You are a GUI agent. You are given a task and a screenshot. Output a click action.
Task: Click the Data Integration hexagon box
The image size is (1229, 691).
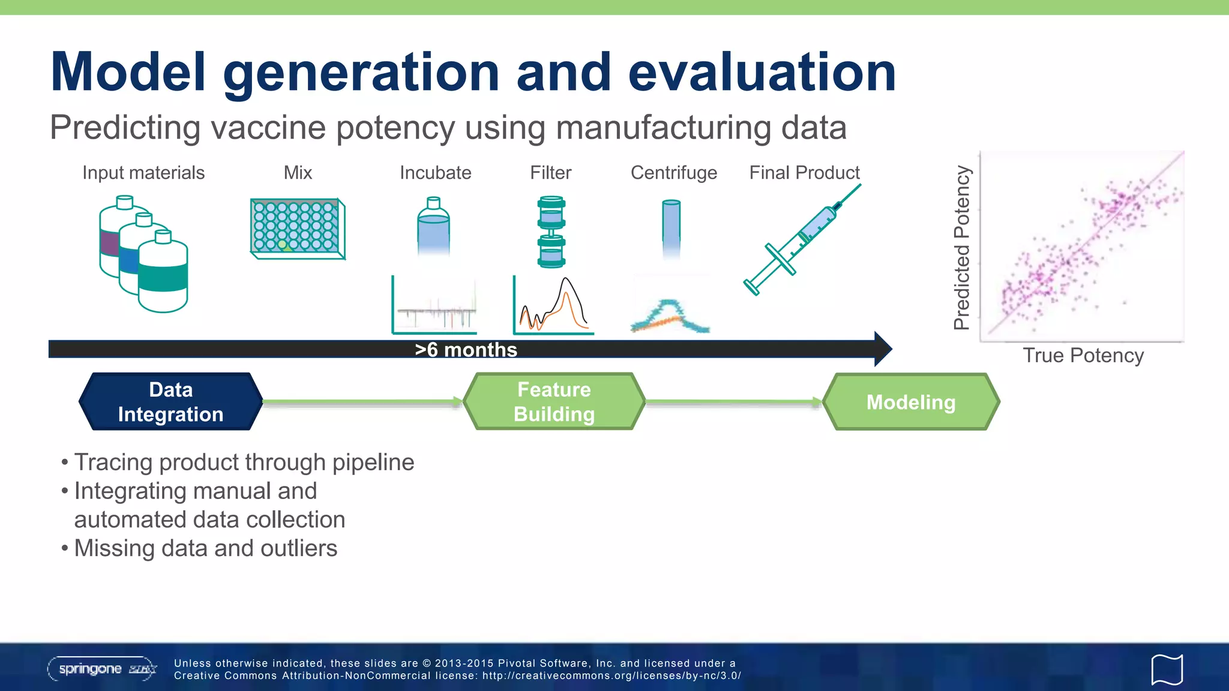(x=170, y=401)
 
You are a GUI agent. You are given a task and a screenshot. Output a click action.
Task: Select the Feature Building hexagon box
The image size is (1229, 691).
(x=554, y=401)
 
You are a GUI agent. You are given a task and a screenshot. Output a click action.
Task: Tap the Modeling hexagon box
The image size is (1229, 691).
(x=910, y=402)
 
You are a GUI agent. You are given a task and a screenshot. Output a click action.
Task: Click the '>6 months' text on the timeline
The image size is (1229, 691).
(x=466, y=350)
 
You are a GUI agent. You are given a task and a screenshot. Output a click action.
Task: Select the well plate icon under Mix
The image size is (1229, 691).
(x=297, y=229)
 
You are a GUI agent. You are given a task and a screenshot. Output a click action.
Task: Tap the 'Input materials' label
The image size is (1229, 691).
(x=143, y=173)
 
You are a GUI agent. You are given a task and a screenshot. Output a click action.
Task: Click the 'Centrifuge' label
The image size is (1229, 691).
(x=673, y=173)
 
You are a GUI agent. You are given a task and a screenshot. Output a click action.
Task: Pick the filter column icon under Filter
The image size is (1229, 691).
(x=551, y=232)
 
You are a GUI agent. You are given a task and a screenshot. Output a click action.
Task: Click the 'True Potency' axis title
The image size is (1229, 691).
(x=1083, y=356)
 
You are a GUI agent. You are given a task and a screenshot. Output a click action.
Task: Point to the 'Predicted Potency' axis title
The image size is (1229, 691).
(x=962, y=247)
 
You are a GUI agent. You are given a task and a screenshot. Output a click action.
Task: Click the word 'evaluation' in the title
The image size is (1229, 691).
(x=762, y=73)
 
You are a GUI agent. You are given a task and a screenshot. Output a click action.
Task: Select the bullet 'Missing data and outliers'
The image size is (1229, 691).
(x=205, y=548)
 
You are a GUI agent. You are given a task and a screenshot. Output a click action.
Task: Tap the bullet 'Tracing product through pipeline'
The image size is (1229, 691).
(x=244, y=462)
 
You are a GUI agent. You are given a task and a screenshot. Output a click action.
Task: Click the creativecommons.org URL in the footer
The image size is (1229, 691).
(x=611, y=675)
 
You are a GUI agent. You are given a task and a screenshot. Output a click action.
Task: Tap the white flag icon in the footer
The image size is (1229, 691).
(x=1167, y=669)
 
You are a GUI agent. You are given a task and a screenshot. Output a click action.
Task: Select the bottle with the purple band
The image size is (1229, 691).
(x=111, y=240)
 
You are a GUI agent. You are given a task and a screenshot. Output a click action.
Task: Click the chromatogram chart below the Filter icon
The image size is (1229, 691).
(x=553, y=306)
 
